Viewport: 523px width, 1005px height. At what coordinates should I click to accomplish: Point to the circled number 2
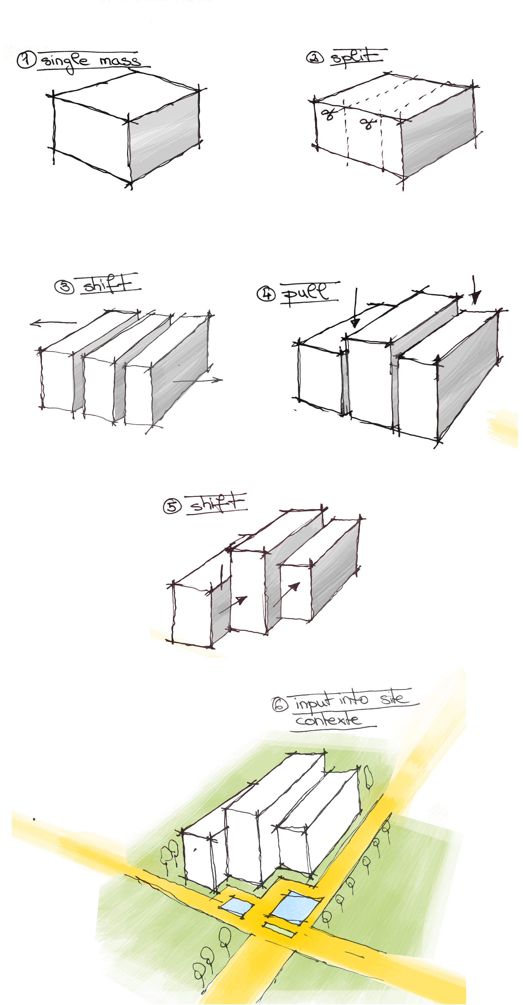coord(315,58)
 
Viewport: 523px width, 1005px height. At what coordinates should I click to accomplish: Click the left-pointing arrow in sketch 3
coord(53,323)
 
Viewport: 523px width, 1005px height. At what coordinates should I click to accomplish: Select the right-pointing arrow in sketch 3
coord(198,380)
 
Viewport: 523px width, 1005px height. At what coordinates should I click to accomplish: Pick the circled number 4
coord(266,294)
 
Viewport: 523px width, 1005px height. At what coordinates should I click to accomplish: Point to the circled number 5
coord(172,507)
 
